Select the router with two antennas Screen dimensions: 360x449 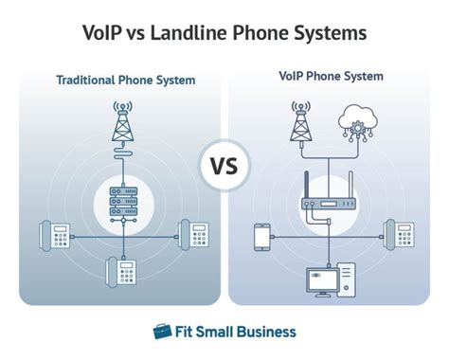click(328, 197)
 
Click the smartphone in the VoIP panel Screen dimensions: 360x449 click(261, 235)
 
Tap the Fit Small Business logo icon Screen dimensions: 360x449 click(163, 332)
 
